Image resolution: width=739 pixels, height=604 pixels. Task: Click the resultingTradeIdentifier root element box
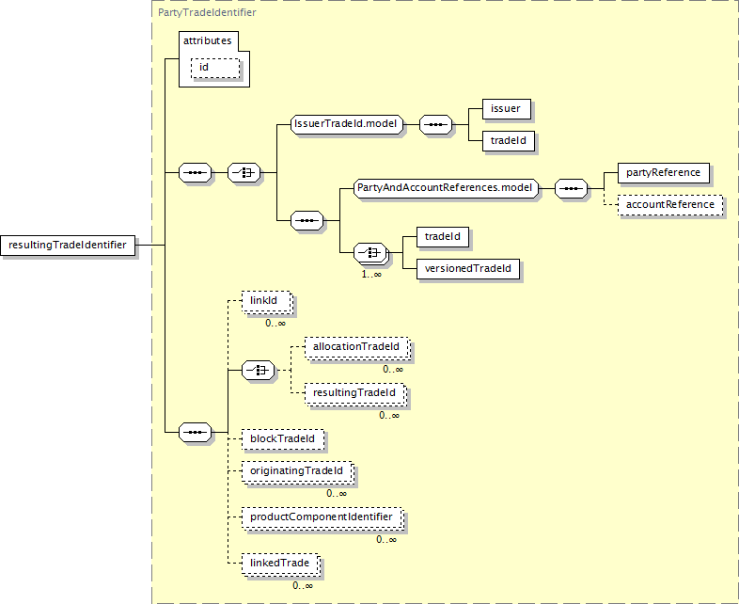coord(68,246)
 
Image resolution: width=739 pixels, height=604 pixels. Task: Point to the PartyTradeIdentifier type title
coord(207,13)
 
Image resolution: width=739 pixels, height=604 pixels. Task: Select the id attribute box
coord(215,68)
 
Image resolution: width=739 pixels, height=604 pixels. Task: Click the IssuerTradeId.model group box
coord(347,124)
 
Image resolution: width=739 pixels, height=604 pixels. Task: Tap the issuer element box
coord(507,109)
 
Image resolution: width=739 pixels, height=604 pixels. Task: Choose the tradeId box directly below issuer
coord(509,141)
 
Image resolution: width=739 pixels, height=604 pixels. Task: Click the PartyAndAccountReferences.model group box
coord(446,188)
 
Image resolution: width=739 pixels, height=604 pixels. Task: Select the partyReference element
coord(663,173)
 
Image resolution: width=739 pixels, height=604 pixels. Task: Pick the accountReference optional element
coord(670,205)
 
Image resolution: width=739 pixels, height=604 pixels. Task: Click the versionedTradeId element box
coord(468,269)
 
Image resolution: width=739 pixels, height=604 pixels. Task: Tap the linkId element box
coord(266,301)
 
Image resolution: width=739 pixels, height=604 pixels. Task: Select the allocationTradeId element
coord(356,347)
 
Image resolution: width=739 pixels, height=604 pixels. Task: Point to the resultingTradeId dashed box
coord(354,393)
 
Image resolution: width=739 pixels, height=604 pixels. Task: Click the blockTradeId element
coord(283,439)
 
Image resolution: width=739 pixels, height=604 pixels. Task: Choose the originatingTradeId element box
coord(297,471)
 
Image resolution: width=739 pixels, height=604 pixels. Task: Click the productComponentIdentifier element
coord(322,517)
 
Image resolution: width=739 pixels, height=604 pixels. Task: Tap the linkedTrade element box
coord(281,564)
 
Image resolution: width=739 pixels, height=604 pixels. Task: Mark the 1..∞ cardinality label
coord(371,274)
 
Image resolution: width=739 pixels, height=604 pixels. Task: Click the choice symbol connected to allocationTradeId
coord(258,371)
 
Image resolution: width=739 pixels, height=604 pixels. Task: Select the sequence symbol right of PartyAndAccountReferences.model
coord(572,188)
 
